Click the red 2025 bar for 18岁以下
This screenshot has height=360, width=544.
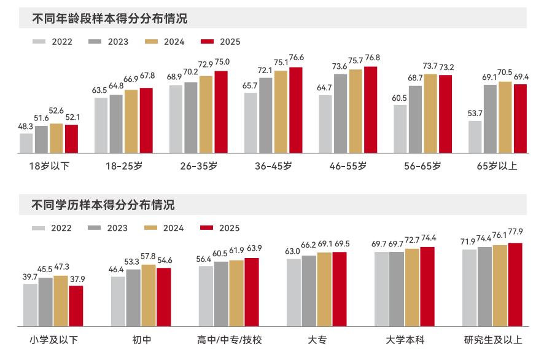tap(71, 139)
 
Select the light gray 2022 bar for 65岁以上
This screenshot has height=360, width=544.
tap(475, 137)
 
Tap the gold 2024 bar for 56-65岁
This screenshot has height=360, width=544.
tap(430, 114)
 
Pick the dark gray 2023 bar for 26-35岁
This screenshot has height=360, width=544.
tap(191, 118)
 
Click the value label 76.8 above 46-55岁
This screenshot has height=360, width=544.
tap(372, 58)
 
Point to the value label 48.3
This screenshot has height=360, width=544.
tap(25, 127)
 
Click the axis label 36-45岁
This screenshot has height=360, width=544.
tap(273, 166)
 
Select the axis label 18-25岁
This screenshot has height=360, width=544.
tap(124, 166)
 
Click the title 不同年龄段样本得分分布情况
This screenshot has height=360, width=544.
tap(110, 18)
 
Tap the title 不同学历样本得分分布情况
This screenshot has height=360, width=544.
tap(103, 205)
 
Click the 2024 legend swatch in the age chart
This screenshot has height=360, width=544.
tap(151, 42)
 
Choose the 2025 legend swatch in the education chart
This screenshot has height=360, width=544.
tap(207, 228)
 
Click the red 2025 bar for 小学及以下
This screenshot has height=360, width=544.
tap(76, 306)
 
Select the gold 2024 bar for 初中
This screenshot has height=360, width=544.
tap(149, 295)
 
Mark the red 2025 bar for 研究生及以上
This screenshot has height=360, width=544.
tap(515, 284)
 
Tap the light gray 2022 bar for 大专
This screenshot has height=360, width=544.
tap(294, 292)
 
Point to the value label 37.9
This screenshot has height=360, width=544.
tap(77, 279)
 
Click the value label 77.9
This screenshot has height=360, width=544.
tap(515, 232)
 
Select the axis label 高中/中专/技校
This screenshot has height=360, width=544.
tap(229, 340)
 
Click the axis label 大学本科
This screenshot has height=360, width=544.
tap(405, 340)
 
